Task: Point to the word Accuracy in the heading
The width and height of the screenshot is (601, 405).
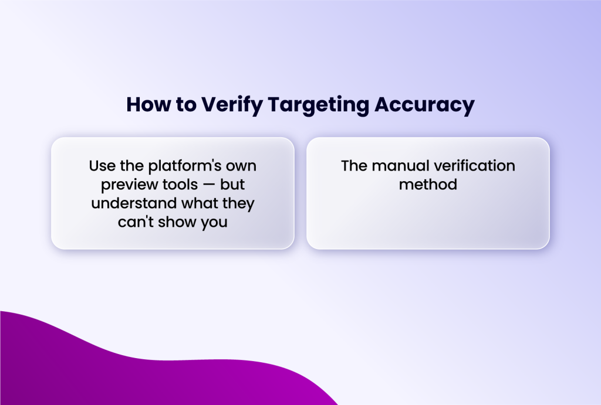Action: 424,105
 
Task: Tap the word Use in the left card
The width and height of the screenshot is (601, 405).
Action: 102,166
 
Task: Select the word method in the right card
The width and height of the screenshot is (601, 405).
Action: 428,185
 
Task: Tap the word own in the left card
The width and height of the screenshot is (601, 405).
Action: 240,166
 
